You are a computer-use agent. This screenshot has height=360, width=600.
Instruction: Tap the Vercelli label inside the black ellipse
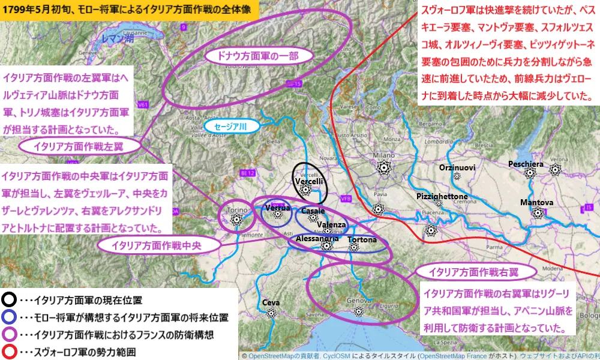(x=310, y=181)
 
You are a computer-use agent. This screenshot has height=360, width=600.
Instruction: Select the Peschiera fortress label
(x=526, y=164)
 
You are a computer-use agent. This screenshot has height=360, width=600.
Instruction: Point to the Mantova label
(x=537, y=203)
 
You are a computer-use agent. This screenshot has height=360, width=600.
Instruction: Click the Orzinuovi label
(x=457, y=167)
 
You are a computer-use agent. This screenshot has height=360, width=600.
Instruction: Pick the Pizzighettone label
(x=442, y=196)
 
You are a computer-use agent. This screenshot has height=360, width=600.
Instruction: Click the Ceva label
(x=271, y=302)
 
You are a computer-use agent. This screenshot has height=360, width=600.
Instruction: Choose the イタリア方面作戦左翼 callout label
(x=80, y=146)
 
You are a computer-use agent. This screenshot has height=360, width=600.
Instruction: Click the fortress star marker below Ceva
(x=271, y=313)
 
